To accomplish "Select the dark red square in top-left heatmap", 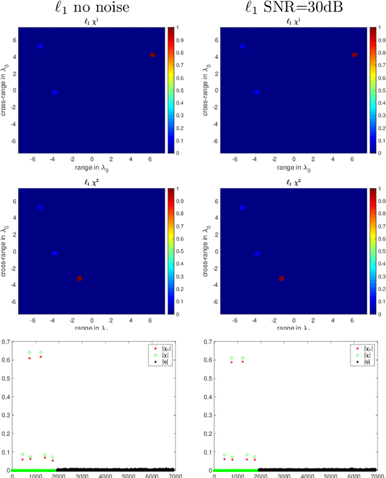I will click(x=153, y=55).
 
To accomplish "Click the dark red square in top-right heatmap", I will click(x=354, y=55).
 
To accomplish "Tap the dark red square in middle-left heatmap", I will click(x=80, y=278).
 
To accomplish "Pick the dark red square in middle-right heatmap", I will click(x=281, y=278).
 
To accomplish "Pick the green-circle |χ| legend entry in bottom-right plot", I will click(x=362, y=356).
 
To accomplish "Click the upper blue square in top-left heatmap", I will click(x=40, y=46).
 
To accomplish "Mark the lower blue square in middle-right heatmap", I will click(x=256, y=254).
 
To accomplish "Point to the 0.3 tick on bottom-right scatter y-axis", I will click(x=208, y=415).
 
